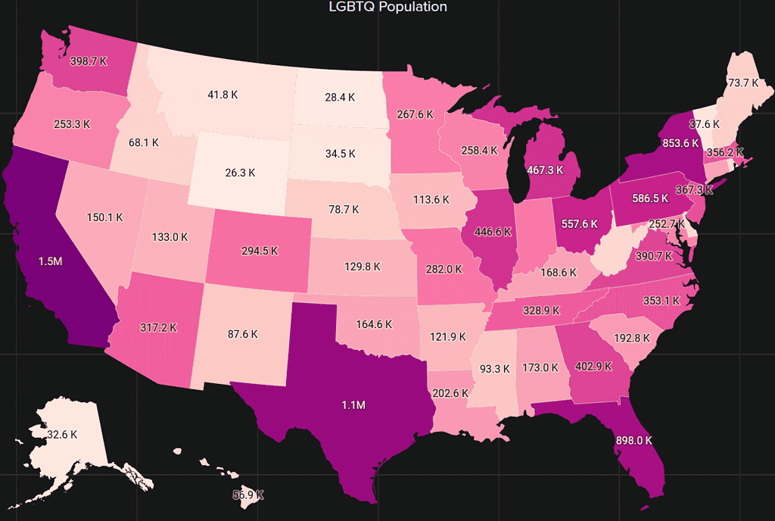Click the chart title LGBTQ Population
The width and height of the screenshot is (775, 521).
pyautogui.click(x=387, y=7)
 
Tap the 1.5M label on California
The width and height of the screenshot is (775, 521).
pyautogui.click(x=51, y=260)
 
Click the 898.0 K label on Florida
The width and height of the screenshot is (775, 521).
pyautogui.click(x=633, y=440)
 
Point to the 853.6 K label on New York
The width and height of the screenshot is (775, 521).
pyautogui.click(x=665, y=143)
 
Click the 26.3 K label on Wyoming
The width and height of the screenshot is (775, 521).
pyautogui.click(x=241, y=173)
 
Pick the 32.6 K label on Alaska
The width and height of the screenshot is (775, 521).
pyautogui.click(x=62, y=435)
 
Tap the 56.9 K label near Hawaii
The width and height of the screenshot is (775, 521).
pyautogui.click(x=247, y=494)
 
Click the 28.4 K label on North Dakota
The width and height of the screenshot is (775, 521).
pyautogui.click(x=340, y=97)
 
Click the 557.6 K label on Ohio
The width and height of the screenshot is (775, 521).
pyautogui.click(x=580, y=223)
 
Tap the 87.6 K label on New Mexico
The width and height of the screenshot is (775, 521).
pyautogui.click(x=242, y=333)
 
